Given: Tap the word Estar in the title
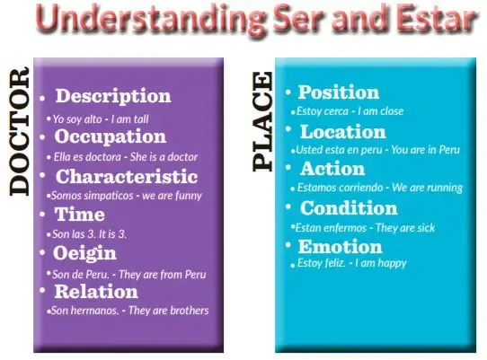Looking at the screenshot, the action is pyautogui.click(x=437, y=18).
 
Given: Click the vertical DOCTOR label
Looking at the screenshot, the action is pyautogui.click(x=19, y=131).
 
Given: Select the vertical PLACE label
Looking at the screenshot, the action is pyautogui.click(x=262, y=121).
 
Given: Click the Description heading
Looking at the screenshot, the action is pyautogui.click(x=113, y=95).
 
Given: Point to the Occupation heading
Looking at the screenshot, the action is pyautogui.click(x=111, y=136).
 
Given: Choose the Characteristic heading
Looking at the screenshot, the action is pyautogui.click(x=127, y=176).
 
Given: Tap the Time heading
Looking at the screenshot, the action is pyautogui.click(x=80, y=215).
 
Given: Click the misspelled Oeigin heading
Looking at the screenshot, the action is pyautogui.click(x=84, y=253).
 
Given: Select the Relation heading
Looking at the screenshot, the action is pyautogui.click(x=96, y=292).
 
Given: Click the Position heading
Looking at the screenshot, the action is pyautogui.click(x=339, y=92).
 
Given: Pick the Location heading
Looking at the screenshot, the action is pyautogui.click(x=343, y=132).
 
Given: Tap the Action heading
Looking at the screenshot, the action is pyautogui.click(x=332, y=169).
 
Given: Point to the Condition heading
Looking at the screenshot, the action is pyautogui.click(x=349, y=207).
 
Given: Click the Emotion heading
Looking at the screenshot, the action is pyautogui.click(x=341, y=247).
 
